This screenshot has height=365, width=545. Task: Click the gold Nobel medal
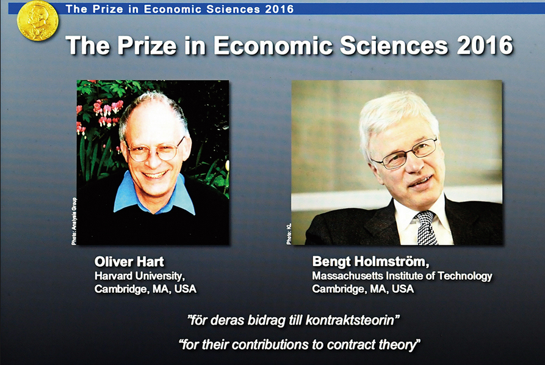coord(38,20)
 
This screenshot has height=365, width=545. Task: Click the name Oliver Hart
coord(129,262)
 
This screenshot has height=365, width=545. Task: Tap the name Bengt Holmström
coord(369,261)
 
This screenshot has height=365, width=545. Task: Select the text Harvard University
coord(139,276)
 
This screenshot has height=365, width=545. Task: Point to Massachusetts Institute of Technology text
coord(402,276)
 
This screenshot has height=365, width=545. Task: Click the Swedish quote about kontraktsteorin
coord(293,320)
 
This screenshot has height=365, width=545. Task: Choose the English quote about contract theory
coord(299,344)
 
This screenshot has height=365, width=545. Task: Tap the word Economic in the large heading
coord(273,45)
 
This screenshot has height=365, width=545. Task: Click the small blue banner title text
coord(179,9)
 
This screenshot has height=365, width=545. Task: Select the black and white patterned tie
coord(426,227)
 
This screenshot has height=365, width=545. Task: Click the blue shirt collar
coord(153,195)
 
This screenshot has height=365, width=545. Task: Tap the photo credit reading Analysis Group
coord(74,221)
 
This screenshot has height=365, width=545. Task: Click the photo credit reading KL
coord(289,234)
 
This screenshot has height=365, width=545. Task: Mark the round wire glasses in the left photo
coord(154,151)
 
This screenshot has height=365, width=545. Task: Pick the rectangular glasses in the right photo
coord(404,153)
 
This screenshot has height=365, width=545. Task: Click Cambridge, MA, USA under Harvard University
coord(145,289)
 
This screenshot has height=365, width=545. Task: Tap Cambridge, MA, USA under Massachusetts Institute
coord(363,289)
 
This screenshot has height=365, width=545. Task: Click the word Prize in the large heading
coord(147,45)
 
